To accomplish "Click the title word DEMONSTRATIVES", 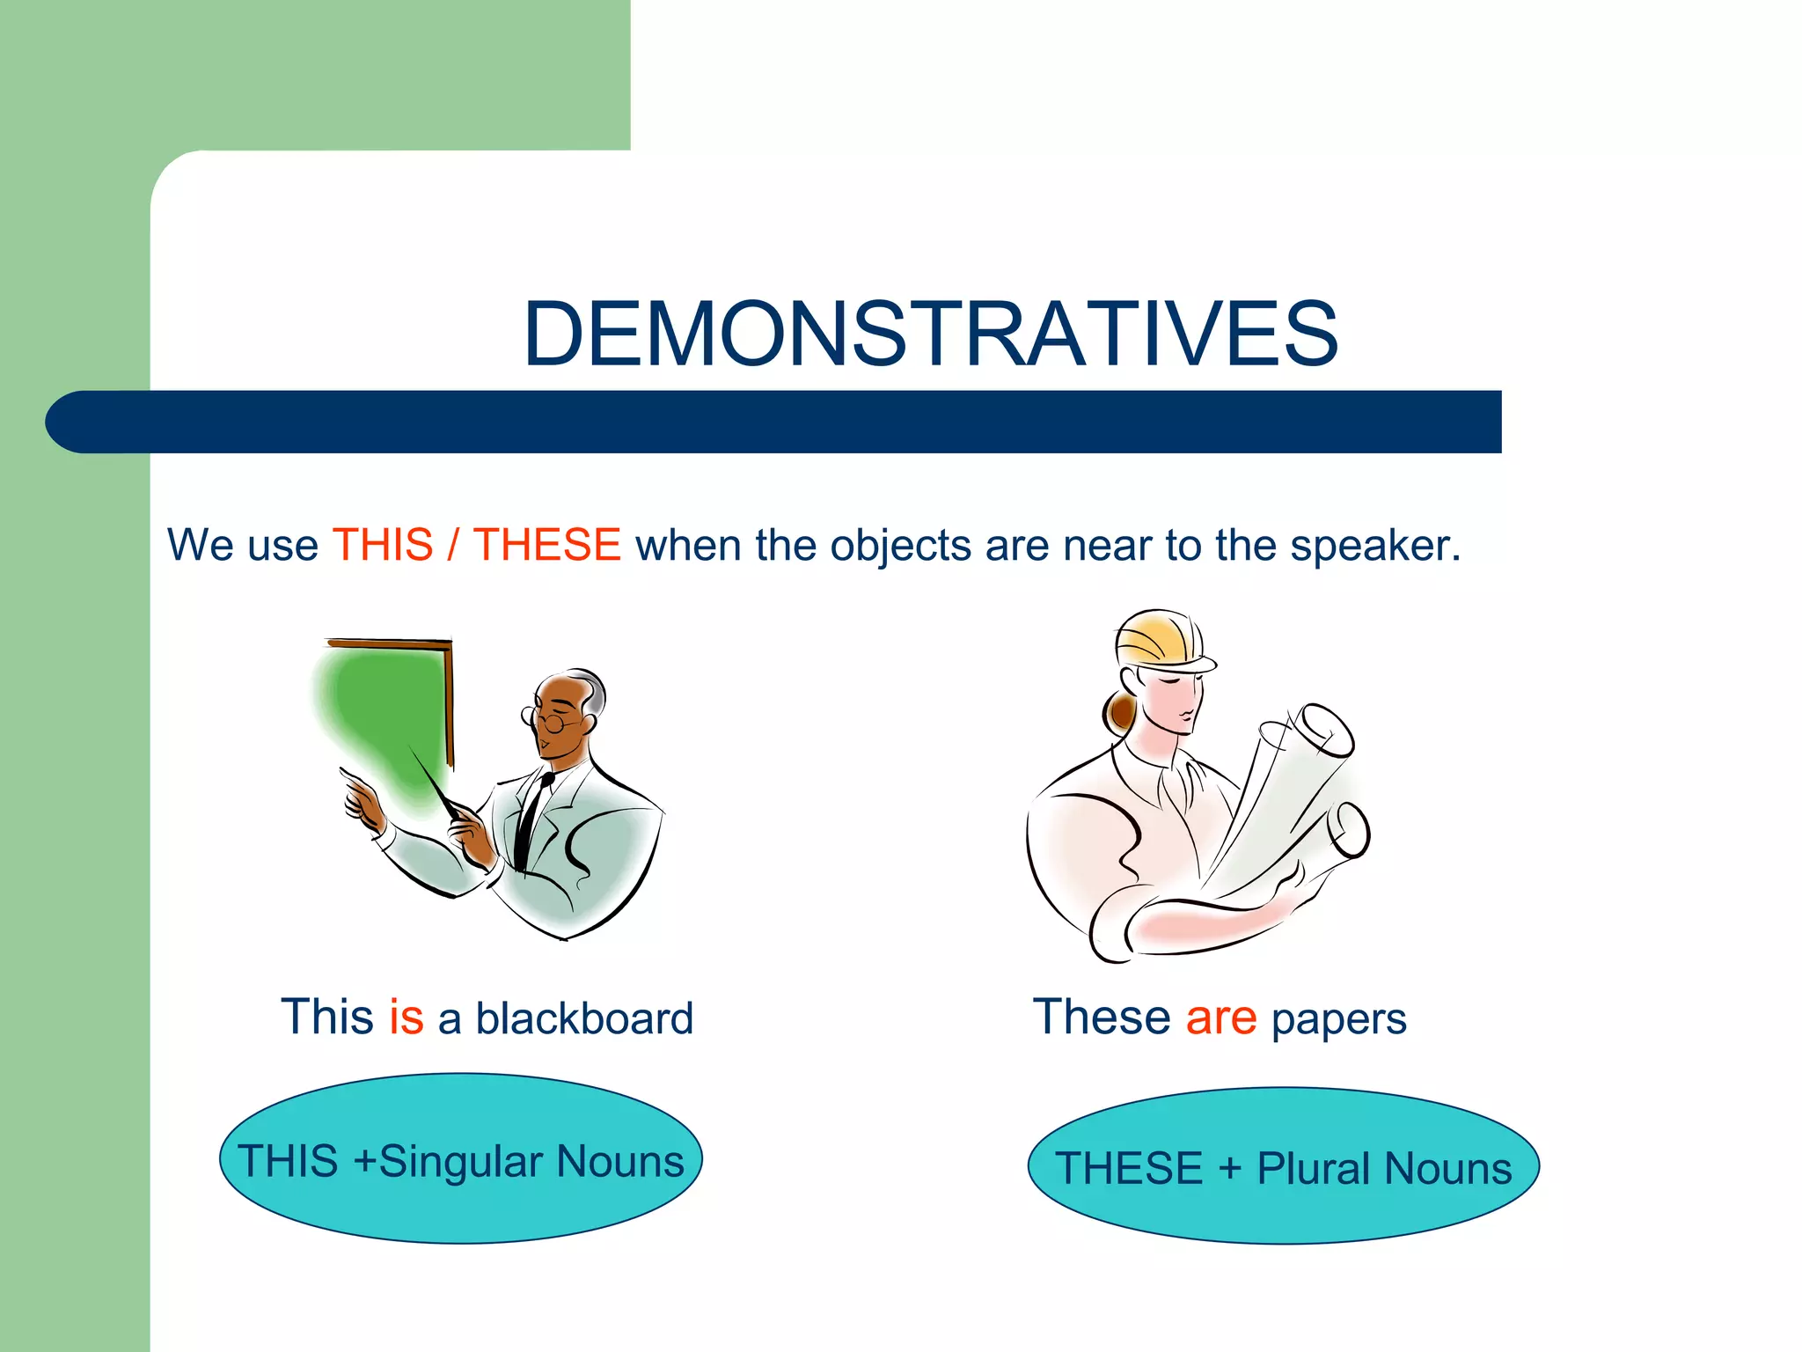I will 930,334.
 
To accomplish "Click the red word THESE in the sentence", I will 546,545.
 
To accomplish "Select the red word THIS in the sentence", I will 383,545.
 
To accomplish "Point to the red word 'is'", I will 406,1018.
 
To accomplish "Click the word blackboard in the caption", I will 584,1019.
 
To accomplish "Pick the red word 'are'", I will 1220,1018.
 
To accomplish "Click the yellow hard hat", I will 1160,638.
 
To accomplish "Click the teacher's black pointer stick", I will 433,782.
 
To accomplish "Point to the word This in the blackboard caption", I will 326,1018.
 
